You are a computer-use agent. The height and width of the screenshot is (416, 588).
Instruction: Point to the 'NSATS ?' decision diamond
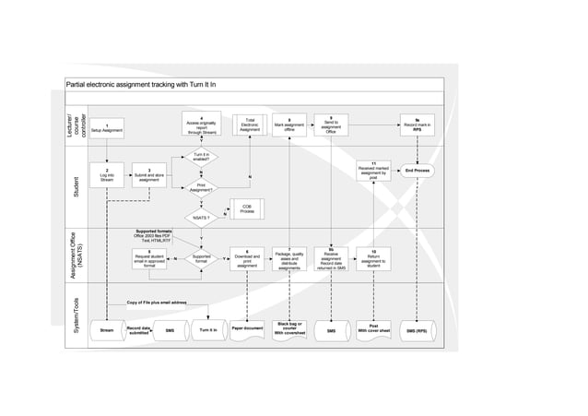coord(201,218)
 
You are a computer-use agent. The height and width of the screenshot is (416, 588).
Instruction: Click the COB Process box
coord(247,208)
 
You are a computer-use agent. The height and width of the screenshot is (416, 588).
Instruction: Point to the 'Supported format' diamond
coord(201,259)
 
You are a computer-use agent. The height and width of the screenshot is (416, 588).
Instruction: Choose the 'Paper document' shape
coord(247,329)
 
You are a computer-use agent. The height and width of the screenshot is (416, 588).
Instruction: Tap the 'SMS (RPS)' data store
coord(417,330)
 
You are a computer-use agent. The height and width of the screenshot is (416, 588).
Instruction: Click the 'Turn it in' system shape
coord(206,329)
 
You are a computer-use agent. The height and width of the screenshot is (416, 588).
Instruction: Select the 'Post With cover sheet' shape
coord(373,328)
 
